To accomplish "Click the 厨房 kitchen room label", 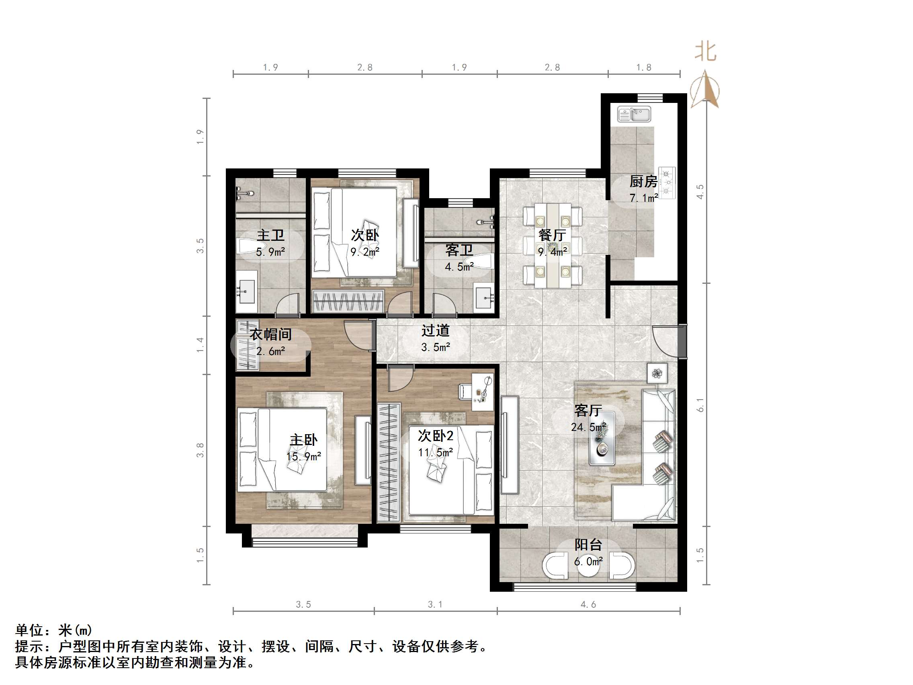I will [643, 181].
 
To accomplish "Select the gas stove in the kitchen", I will [667, 183].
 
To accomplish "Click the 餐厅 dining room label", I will [552, 235].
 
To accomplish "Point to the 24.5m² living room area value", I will [588, 427].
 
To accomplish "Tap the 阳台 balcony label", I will [588, 545].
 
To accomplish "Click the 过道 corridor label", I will [435, 330].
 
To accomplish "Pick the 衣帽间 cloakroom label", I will [270, 334].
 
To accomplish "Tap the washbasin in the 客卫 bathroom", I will [483, 295].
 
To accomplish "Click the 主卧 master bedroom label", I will [303, 440].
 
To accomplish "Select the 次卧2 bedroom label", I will [435, 436].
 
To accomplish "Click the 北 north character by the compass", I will [705, 52].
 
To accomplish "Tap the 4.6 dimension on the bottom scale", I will [588, 605].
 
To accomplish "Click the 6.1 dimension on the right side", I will [700, 405].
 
